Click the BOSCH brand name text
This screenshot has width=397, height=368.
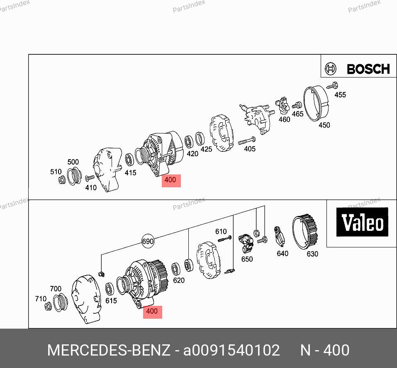pos(368,69)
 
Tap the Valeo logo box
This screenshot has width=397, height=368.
pos(362,222)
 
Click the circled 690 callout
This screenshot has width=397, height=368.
pos(148,241)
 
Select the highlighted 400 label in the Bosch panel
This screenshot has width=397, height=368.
pos(171,181)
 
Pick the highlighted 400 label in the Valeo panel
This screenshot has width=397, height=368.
pos(152,312)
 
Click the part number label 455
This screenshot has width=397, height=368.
pos(340,95)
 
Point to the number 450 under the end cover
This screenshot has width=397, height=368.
pos(324,125)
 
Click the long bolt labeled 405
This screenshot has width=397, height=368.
pos(247,140)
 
